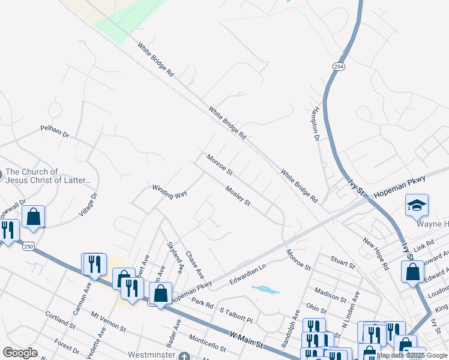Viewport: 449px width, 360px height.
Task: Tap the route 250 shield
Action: [28, 246]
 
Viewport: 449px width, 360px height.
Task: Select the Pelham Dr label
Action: [55, 130]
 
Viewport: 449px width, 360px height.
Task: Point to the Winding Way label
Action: [170, 192]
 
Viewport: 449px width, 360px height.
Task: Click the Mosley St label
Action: [238, 196]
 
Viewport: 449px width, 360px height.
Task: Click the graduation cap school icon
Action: [417, 206]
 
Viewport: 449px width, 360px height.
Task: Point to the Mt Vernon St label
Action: [109, 321]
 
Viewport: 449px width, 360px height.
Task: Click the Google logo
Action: [20, 353]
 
